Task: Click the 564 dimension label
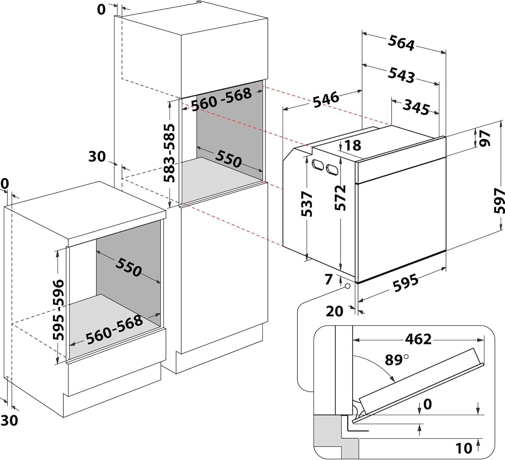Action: (x=401, y=43)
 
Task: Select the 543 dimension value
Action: (x=401, y=74)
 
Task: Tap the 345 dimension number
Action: (x=416, y=107)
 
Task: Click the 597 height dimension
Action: (x=499, y=201)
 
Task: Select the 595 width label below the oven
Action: (x=406, y=283)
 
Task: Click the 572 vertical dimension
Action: (x=340, y=198)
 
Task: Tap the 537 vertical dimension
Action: (x=307, y=204)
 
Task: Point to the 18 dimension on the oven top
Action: (x=352, y=145)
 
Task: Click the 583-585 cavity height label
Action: (x=170, y=153)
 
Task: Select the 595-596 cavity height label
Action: (x=59, y=309)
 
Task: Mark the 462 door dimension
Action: (x=418, y=339)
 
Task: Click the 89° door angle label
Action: (x=396, y=360)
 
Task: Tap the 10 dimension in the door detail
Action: (x=464, y=448)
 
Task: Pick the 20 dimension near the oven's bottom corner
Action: (x=334, y=311)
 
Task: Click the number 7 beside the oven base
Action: (x=329, y=279)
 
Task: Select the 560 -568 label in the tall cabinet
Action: (x=222, y=99)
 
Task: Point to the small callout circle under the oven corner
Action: (x=347, y=286)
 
